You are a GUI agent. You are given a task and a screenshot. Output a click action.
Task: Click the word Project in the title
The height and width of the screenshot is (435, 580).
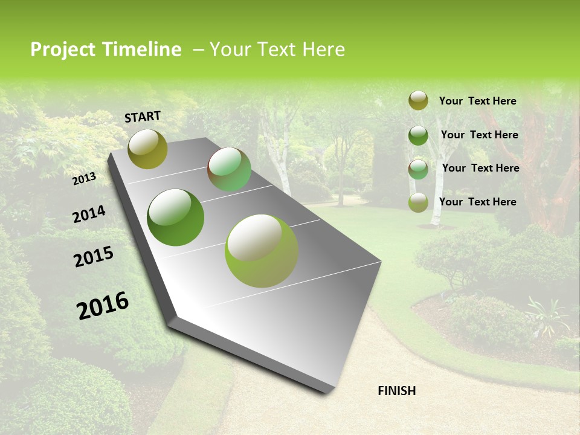click(x=62, y=50)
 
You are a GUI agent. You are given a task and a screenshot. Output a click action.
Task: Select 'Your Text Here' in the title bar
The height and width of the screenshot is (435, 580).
click(x=277, y=50)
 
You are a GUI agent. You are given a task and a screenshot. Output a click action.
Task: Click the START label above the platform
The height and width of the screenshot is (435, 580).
click(x=143, y=117)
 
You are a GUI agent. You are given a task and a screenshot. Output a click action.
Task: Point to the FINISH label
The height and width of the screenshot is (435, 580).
click(x=396, y=391)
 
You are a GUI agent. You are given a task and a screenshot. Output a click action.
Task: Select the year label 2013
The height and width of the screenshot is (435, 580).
click(x=85, y=178)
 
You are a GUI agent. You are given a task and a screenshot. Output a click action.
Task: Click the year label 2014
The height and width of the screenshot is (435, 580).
click(x=89, y=214)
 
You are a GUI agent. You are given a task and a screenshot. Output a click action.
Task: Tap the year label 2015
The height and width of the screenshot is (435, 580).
click(x=94, y=257)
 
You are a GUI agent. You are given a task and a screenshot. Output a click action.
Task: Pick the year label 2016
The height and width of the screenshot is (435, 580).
click(x=103, y=305)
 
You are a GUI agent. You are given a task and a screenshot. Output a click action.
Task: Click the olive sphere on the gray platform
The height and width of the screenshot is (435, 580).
click(x=147, y=149)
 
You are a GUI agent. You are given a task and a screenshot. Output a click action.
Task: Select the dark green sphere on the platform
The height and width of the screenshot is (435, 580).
click(x=176, y=217)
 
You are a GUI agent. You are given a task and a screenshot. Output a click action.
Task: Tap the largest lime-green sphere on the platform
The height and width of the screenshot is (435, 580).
click(x=262, y=251)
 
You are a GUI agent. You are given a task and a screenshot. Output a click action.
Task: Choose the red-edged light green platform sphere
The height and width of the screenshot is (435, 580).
click(x=229, y=169)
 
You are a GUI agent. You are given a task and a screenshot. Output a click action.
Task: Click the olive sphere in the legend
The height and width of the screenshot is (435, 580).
click(x=418, y=101)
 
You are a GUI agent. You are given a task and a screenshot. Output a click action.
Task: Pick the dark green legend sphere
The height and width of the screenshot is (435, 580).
click(x=418, y=135)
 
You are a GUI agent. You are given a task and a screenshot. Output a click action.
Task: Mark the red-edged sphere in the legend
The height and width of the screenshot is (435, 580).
click(x=418, y=169)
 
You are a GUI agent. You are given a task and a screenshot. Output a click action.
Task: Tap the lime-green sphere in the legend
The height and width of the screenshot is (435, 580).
click(x=418, y=202)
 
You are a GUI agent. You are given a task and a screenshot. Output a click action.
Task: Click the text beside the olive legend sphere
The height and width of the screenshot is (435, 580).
click(x=477, y=101)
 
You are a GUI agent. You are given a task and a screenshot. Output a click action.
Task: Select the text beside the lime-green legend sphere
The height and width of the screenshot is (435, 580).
click(x=477, y=202)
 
